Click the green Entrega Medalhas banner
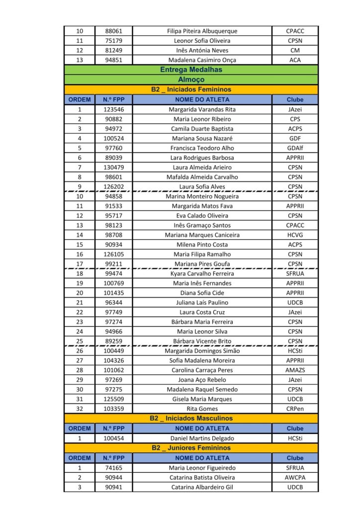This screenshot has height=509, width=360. pyautogui.click(x=191, y=70)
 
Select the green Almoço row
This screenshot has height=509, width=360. pyautogui.click(x=191, y=80)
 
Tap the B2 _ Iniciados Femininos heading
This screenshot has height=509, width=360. pyautogui.click(x=191, y=89)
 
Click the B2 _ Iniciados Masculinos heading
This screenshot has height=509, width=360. pyautogui.click(x=191, y=419)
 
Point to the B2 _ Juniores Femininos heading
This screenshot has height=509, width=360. pyautogui.click(x=191, y=448)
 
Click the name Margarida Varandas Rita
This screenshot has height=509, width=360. pyautogui.click(x=202, y=109)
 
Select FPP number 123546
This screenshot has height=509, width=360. pyautogui.click(x=114, y=109)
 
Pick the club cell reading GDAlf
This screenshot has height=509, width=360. pyautogui.click(x=295, y=148)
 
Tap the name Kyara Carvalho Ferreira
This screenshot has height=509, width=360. pyautogui.click(x=202, y=273)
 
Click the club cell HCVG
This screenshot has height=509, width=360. pyautogui.click(x=295, y=235)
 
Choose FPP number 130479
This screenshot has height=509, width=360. pyautogui.click(x=114, y=168)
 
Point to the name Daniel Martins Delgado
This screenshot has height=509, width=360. pyautogui.click(x=202, y=438)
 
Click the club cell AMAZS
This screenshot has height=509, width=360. pyautogui.click(x=295, y=370)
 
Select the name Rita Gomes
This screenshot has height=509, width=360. pyautogui.click(x=202, y=409)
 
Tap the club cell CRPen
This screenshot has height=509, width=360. pyautogui.click(x=295, y=409)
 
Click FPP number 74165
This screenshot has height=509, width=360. pyautogui.click(x=114, y=468)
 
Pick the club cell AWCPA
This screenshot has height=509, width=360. pyautogui.click(x=295, y=478)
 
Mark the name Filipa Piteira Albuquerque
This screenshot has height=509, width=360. pyautogui.click(x=202, y=31)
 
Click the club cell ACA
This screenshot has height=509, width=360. pyautogui.click(x=295, y=60)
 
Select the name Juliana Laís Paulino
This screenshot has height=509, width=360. pyautogui.click(x=202, y=303)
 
